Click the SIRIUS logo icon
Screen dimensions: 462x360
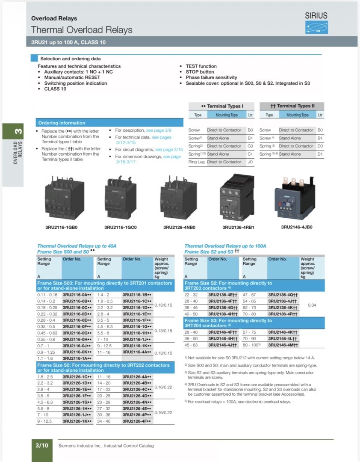pos(316,27)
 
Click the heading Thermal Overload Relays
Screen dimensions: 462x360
pos(82,30)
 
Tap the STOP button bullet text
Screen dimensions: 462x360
pos(200,72)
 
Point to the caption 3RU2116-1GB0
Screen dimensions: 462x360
pos(61,227)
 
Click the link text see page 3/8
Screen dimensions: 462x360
pos(159,130)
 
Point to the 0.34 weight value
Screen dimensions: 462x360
pos(313,305)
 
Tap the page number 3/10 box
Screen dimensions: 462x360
pos(42,445)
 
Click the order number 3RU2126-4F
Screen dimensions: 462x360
pos(137,421)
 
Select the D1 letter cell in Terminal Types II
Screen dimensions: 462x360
pos(320,154)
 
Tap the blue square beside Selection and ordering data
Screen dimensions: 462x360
pos(34,59)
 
